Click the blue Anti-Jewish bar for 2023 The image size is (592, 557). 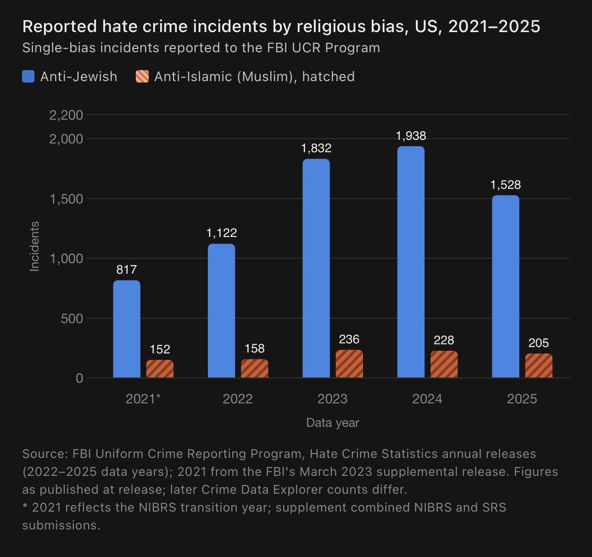tap(316, 268)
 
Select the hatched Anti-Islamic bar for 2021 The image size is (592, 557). tap(160, 369)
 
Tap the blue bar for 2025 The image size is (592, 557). tap(506, 286)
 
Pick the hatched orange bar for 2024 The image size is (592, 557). tap(444, 364)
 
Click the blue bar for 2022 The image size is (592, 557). tap(222, 311)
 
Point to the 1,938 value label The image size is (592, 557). tap(411, 136)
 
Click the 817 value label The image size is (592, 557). tap(127, 270)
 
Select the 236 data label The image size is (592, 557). tap(349, 339)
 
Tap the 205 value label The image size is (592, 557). tap(539, 343)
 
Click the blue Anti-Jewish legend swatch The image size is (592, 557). tap(28, 76)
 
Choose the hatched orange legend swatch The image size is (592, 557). tap(142, 76)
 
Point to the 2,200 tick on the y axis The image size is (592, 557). tap(66, 115)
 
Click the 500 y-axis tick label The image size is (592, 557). tap(72, 318)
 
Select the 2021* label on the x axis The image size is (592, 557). tap(143, 399)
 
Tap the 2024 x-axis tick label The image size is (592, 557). tap(427, 399)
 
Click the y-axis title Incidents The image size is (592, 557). tap(35, 246)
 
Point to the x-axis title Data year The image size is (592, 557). tap(333, 423)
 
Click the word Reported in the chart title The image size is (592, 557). tap(60, 27)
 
